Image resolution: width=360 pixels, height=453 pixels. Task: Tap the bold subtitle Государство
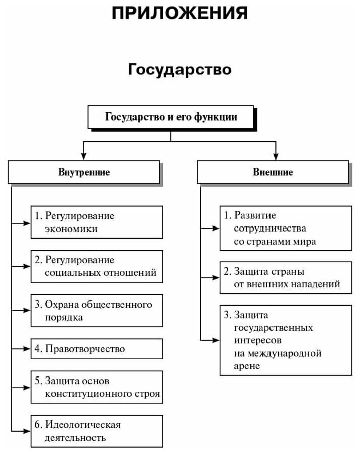point(179,69)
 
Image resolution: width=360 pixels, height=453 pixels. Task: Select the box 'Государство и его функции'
point(171,117)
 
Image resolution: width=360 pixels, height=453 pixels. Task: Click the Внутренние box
point(84,172)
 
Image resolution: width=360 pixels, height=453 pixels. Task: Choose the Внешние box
point(273,172)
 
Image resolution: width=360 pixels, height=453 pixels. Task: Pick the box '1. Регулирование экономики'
point(97,222)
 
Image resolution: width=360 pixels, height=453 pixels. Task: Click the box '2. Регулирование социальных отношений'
point(97,266)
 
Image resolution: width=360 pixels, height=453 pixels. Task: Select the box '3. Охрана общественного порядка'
point(97,311)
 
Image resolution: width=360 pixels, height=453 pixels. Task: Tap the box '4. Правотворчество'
point(97,348)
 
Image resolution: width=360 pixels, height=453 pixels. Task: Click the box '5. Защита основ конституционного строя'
point(97,387)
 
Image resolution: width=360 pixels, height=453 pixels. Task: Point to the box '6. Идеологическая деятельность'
point(97,431)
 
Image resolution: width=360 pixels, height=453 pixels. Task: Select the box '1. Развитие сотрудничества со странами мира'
point(285,228)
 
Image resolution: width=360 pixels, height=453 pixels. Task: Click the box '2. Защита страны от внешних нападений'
point(285,277)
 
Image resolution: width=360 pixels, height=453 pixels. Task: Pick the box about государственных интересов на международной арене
point(285,340)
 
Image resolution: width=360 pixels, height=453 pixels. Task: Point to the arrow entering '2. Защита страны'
point(216,277)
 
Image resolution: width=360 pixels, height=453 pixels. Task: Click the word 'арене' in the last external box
point(247,366)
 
